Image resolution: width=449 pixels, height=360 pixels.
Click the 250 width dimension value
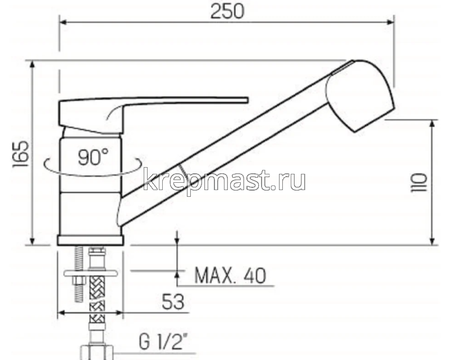click(x=227, y=12)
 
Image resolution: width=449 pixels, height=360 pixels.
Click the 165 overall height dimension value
click(x=19, y=153)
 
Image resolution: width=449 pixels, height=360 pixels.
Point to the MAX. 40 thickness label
click(x=230, y=275)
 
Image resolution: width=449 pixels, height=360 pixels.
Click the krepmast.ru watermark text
click(x=224, y=181)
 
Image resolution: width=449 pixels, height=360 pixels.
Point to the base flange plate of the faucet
click(x=90, y=241)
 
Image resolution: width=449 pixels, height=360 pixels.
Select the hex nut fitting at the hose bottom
click(x=97, y=352)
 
